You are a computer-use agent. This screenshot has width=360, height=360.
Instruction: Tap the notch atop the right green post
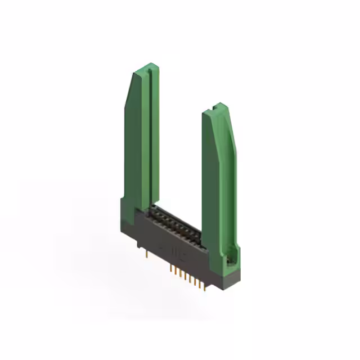pyautogui.click(x=215, y=107)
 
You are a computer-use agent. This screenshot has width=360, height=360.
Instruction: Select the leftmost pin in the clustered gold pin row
pyautogui.click(x=171, y=268)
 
